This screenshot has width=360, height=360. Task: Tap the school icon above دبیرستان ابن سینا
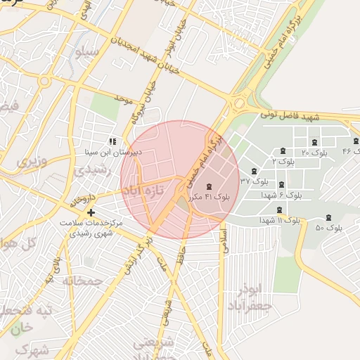coord(112,141)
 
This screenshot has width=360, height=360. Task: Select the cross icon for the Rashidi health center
coord(91,212)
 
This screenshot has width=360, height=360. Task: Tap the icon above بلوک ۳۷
coord(254,172)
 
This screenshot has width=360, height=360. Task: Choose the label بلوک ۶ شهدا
coord(281,195)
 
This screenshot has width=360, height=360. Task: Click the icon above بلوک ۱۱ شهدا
coord(280,210)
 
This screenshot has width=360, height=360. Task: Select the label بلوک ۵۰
coord(329,228)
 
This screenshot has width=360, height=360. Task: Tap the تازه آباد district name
coord(143,191)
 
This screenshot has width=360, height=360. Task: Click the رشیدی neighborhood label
coord(90,170)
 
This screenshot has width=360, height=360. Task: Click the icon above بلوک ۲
coord(283,150)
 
